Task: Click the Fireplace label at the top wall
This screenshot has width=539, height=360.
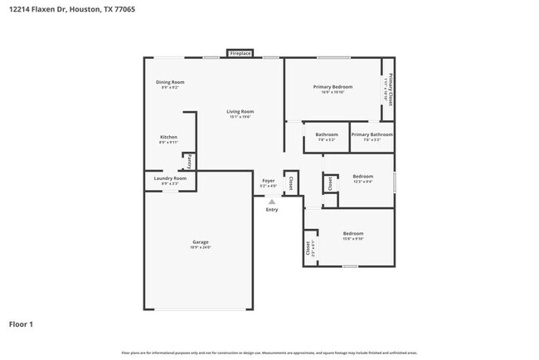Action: [240, 53]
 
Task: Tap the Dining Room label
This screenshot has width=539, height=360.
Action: [170, 82]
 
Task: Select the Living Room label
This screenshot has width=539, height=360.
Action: [240, 111]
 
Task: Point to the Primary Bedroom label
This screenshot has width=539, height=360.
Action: [333, 87]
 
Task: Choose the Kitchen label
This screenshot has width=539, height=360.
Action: [168, 137]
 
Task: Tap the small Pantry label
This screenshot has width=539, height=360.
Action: [189, 161]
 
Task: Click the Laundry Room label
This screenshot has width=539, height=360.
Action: [170, 178]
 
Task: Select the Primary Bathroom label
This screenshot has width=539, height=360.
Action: [371, 134]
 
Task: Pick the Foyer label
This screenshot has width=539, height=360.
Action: [268, 181]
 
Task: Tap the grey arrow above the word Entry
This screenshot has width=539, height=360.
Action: [271, 201]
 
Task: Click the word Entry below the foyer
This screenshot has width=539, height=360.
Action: [272, 209]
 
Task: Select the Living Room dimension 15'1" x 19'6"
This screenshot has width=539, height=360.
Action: [240, 117]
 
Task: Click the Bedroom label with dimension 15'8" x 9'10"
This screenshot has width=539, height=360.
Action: [353, 234]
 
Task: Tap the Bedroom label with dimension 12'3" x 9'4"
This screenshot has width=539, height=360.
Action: [363, 176]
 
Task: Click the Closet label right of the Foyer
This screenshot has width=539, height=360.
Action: [290, 182]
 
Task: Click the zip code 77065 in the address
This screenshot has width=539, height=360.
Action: [124, 9]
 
